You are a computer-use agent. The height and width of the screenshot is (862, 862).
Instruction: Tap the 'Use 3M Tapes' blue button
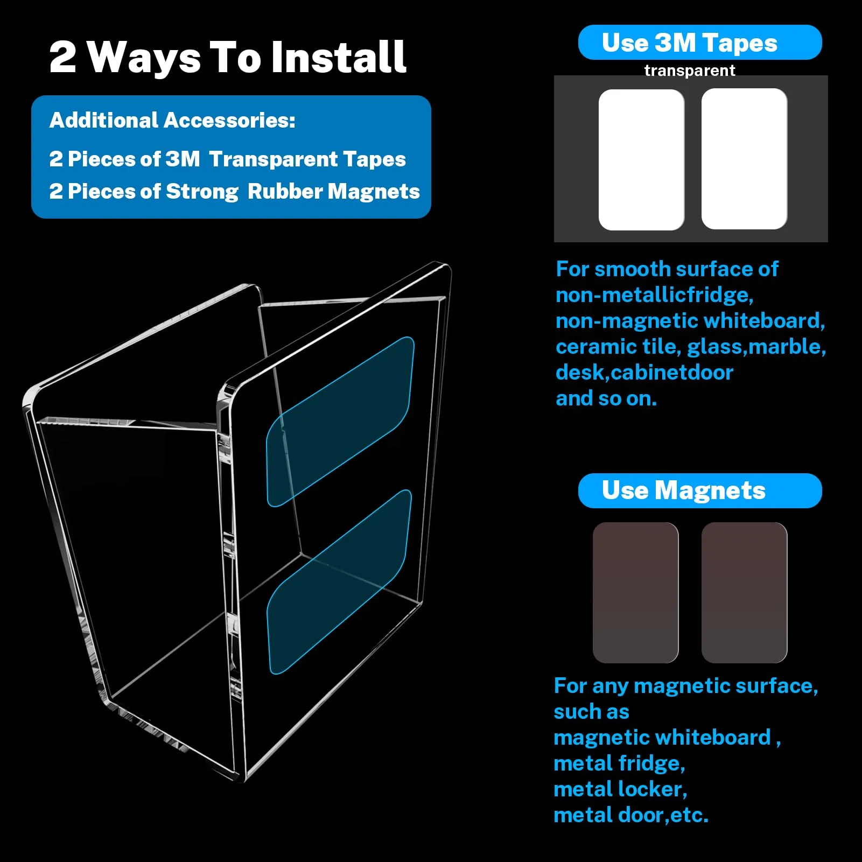click(x=700, y=43)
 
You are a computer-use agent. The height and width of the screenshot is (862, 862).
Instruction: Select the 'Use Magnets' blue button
click(x=700, y=490)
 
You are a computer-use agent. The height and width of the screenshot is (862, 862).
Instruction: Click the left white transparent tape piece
click(x=641, y=160)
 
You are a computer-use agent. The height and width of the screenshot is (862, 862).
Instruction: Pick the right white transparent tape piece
click(x=744, y=159)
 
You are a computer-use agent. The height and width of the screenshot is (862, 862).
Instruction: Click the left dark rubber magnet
click(x=635, y=593)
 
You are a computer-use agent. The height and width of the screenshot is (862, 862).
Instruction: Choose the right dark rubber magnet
click(x=744, y=593)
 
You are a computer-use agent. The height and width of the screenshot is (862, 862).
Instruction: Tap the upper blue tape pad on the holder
click(x=340, y=422)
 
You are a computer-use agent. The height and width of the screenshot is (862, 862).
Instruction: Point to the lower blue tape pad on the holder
click(x=339, y=582)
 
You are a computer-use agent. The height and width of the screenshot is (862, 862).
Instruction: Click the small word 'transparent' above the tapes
click(x=690, y=71)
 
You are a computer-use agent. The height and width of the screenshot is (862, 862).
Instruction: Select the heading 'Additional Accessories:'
click(x=172, y=121)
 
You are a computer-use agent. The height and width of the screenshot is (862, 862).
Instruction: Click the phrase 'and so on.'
click(x=606, y=398)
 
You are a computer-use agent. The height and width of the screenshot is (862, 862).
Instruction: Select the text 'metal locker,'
click(x=620, y=789)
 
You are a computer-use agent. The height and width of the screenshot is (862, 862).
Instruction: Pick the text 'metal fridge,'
click(x=619, y=763)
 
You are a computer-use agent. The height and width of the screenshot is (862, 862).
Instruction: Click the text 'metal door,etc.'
click(x=631, y=815)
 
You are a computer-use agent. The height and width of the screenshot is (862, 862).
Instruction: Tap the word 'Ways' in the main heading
click(x=144, y=58)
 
